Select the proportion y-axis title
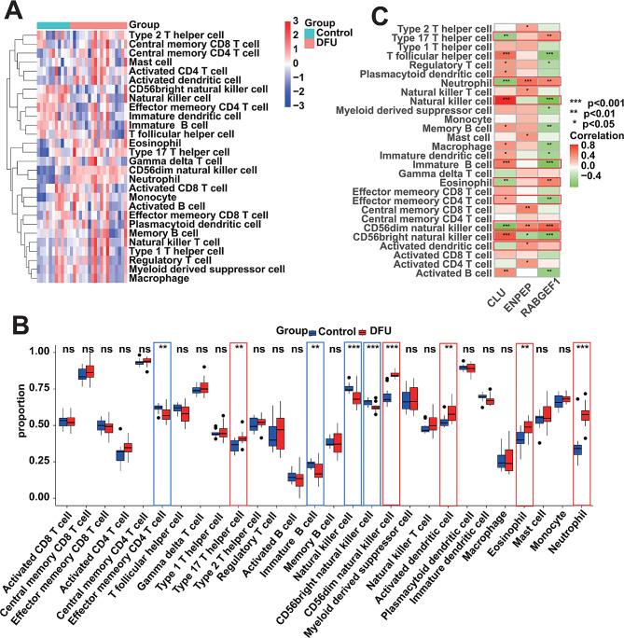point(10,425)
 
